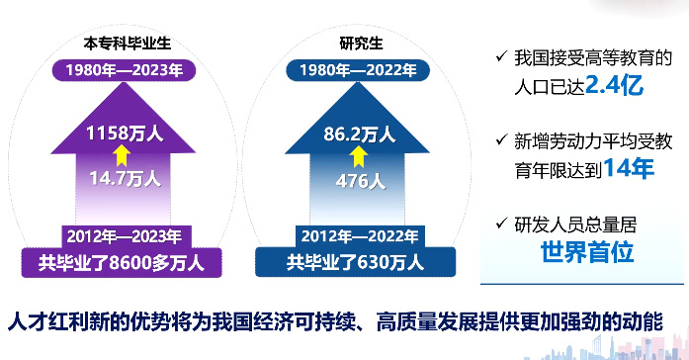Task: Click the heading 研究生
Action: coord(353,44)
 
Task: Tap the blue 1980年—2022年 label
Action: coord(354,70)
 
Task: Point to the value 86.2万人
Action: coord(355,132)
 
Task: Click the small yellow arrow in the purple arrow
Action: coord(122,154)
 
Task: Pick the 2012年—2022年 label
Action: coord(355,235)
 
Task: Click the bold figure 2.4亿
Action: coord(614,85)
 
